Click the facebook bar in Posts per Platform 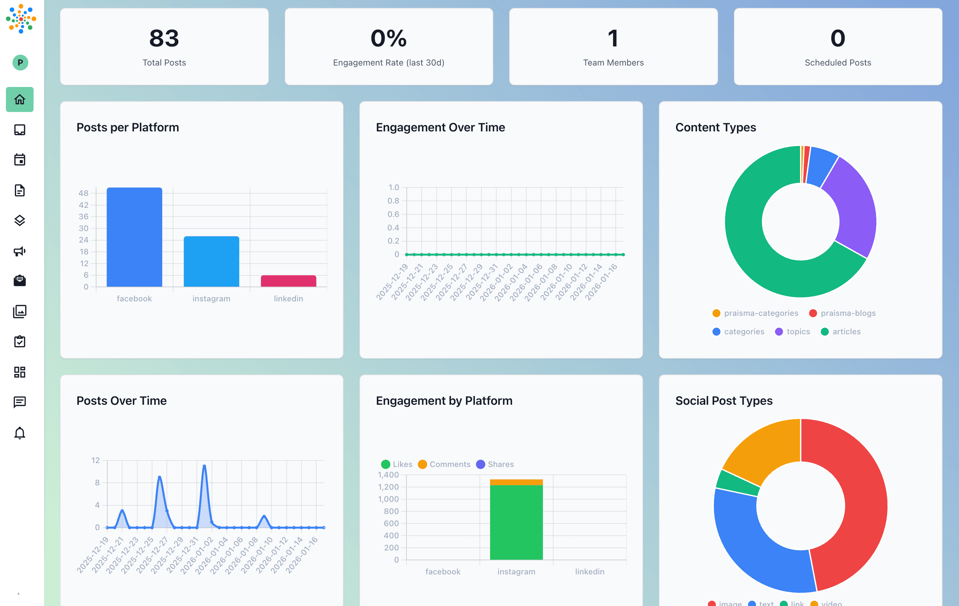(134, 237)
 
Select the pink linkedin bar (288, 281)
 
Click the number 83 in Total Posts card (164, 38)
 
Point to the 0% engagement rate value (388, 38)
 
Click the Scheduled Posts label (838, 63)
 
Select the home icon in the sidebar (19, 99)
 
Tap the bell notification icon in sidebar (19, 433)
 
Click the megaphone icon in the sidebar (19, 251)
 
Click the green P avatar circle (20, 63)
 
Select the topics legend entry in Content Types (792, 332)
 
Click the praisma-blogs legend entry (842, 313)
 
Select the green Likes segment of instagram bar (516, 522)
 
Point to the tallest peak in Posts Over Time (204, 466)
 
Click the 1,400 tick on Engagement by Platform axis (388, 475)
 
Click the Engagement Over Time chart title (440, 127)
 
